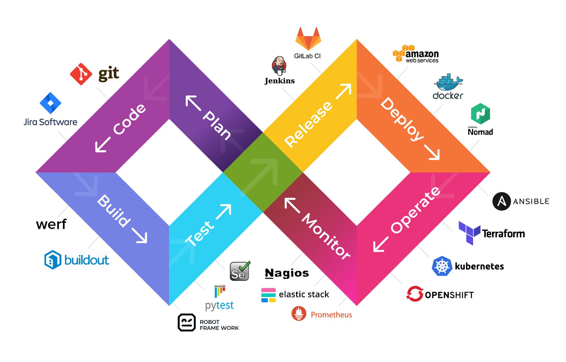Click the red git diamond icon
pos(81,74)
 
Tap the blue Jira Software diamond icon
pos(50,103)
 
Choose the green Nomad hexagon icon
pos(480,114)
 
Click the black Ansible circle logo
pos(501,201)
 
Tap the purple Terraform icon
pos(469,233)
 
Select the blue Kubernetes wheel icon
pos(442,266)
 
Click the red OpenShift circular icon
pos(415,294)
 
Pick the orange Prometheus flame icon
pos(299,313)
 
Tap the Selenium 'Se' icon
pos(239,271)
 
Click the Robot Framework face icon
pos(186,322)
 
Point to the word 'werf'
pos(51,224)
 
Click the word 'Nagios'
pos(287,273)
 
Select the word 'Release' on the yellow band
pos(308,124)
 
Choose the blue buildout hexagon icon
pos(53,260)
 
